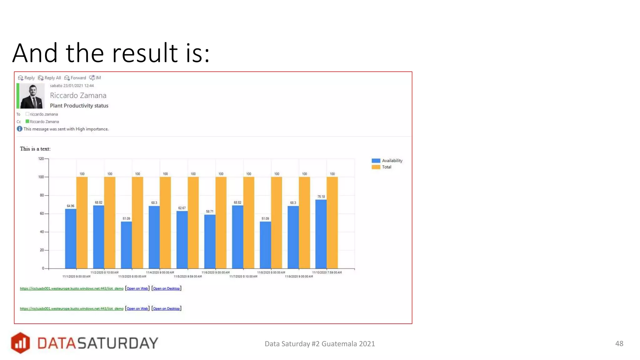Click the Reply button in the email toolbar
[27, 78]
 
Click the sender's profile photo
[32, 96]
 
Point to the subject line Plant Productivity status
[79, 106]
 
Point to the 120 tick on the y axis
[41, 159]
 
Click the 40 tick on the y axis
[42, 232]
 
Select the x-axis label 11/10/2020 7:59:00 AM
[327, 272]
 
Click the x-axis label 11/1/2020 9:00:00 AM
[76, 277]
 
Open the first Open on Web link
[137, 288]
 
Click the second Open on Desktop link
[166, 308]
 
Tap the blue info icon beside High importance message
[19, 129]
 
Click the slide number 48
[619, 343]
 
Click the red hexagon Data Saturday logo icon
[20, 343]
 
